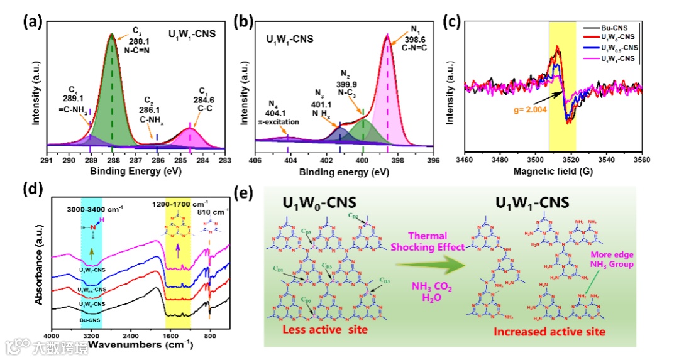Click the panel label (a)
tap(32, 22)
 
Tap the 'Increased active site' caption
tap(548, 331)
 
